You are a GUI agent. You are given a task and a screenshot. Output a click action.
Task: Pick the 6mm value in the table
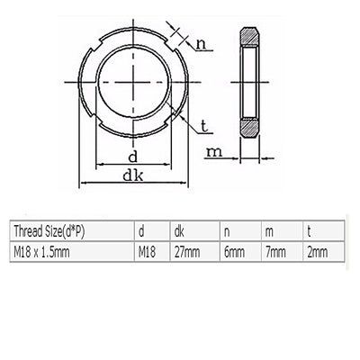pos(232,253)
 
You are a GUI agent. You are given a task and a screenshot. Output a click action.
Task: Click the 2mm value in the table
pos(317,253)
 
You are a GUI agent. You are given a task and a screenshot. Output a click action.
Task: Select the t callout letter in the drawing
pos(206,124)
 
